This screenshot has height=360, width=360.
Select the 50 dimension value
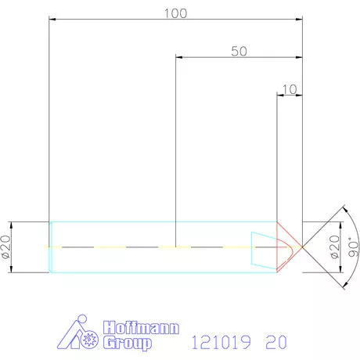click(x=239, y=51)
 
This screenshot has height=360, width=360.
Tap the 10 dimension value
click(x=290, y=89)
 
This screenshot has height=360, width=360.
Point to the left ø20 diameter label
click(x=5, y=247)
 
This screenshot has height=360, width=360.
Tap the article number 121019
click(x=221, y=343)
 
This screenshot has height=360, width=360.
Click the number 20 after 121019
click(x=275, y=343)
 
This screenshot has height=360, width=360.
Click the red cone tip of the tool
click(x=290, y=247)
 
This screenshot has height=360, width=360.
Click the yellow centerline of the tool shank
click(x=117, y=247)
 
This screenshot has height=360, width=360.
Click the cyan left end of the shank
click(x=51, y=247)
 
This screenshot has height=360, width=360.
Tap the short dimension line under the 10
click(x=290, y=95)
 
